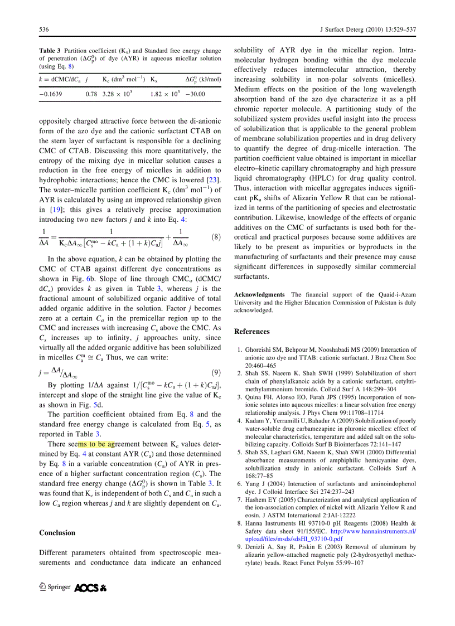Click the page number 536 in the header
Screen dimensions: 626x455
[44, 29]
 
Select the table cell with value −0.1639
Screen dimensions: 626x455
[51, 94]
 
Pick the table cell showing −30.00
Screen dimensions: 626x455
[195, 94]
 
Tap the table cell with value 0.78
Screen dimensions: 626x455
[91, 94]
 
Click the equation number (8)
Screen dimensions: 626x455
[214, 237]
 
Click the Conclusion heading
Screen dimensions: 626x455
[57, 532]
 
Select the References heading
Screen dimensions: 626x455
[251, 331]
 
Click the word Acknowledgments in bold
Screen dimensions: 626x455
[259, 294]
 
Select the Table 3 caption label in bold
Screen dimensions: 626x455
[50, 51]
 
